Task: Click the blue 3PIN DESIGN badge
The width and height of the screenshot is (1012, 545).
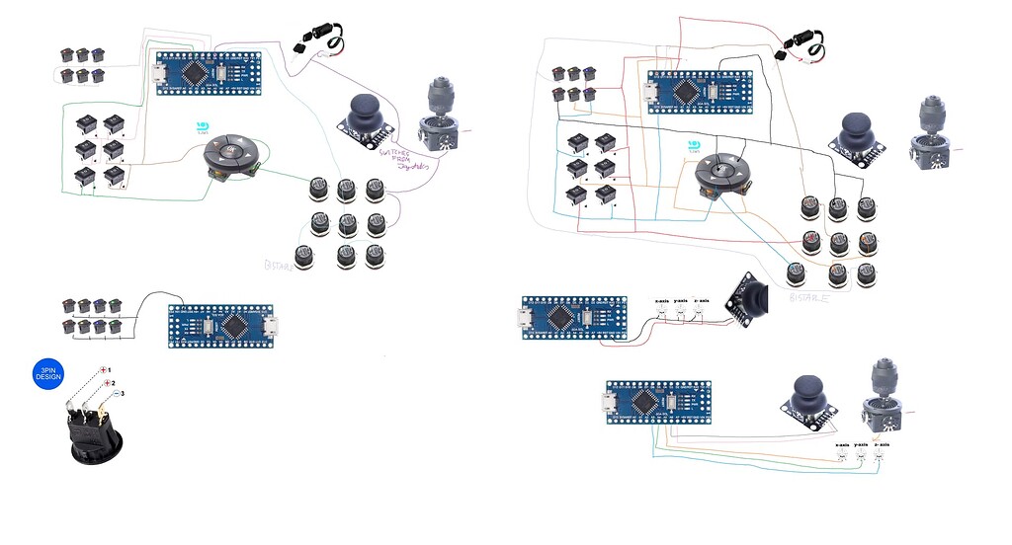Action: pos(48,376)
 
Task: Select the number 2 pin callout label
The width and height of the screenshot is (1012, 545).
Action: pos(114,382)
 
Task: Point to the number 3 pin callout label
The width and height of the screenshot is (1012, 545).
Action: pos(123,394)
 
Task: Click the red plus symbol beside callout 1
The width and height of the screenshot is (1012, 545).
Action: pos(103,369)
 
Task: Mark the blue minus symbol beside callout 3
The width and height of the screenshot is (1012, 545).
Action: pos(114,394)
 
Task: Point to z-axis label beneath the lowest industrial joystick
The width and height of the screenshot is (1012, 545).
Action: pos(883,444)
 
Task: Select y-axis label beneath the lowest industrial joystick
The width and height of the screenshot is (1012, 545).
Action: pos(862,444)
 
